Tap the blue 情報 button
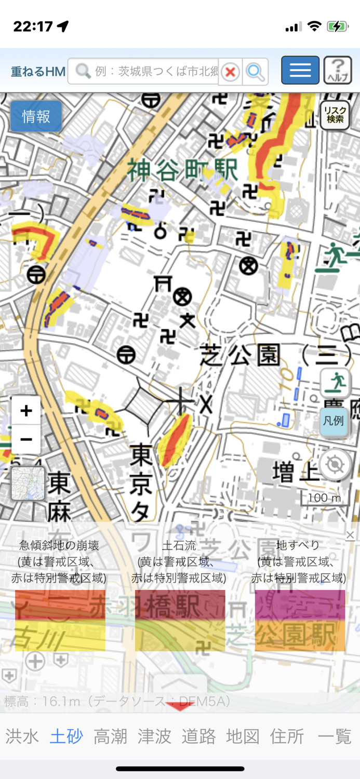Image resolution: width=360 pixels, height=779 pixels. click(x=36, y=116)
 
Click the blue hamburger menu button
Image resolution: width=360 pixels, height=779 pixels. click(x=300, y=70)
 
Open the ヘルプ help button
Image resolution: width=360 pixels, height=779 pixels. click(x=338, y=70)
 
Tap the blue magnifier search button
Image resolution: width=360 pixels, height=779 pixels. click(x=255, y=72)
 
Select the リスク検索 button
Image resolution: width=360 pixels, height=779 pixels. click(x=335, y=115)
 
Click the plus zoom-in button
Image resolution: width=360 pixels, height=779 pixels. click(x=26, y=411)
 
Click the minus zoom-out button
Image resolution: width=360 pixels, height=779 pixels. click(x=26, y=439)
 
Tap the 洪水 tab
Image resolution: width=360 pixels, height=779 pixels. click(x=22, y=736)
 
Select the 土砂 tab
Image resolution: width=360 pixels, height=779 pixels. click(x=66, y=736)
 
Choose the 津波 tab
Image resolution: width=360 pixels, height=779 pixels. click(x=154, y=736)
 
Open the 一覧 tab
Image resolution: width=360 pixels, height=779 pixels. click(x=335, y=736)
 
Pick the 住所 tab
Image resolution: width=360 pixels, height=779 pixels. click(x=287, y=736)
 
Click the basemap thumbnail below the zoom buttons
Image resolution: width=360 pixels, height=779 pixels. click(x=28, y=483)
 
